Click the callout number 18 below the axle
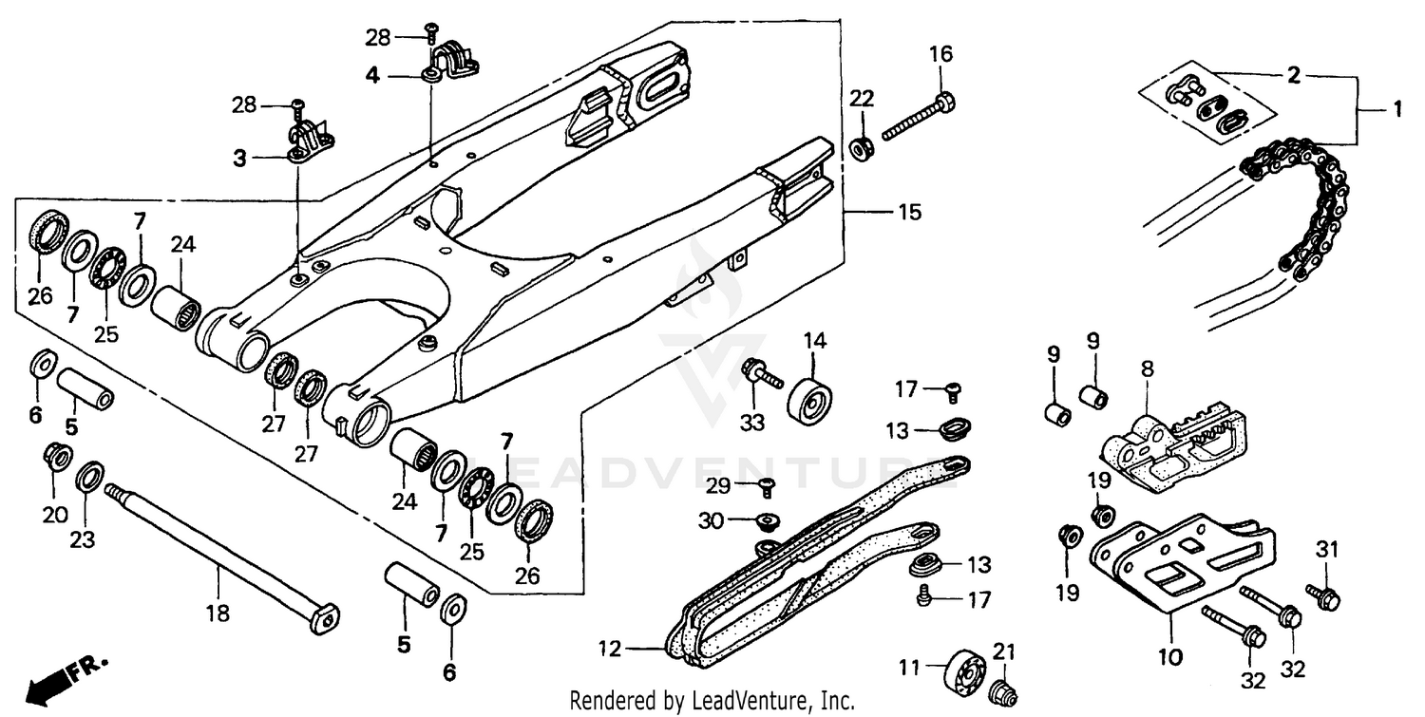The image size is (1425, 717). pyautogui.click(x=218, y=613)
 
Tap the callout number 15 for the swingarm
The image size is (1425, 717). pyautogui.click(x=909, y=213)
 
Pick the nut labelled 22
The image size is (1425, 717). pyautogui.click(x=862, y=149)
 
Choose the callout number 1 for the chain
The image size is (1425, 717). pyautogui.click(x=1396, y=110)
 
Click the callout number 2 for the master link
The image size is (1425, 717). pyautogui.click(x=1293, y=76)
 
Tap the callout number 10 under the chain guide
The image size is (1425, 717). pyautogui.click(x=1169, y=656)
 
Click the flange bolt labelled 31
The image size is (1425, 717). pyautogui.click(x=1323, y=595)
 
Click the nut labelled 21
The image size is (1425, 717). pyautogui.click(x=999, y=691)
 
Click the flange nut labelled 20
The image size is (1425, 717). pyautogui.click(x=56, y=458)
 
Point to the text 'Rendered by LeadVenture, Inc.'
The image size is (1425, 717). pyautogui.click(x=712, y=701)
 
